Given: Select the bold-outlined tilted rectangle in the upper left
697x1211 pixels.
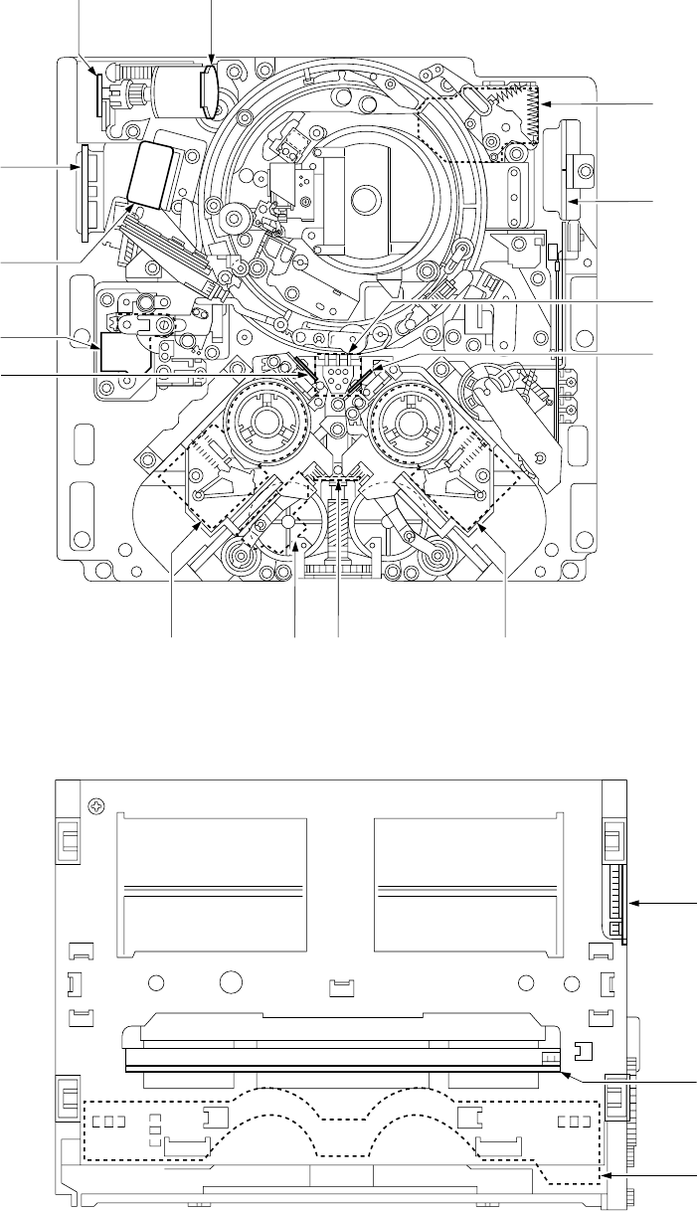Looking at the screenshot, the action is [152, 173].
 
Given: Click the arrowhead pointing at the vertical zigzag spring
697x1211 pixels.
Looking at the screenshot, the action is [545, 104].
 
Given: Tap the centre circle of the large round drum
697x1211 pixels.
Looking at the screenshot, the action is [364, 197].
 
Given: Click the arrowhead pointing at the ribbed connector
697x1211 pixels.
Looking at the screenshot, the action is [638, 903].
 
